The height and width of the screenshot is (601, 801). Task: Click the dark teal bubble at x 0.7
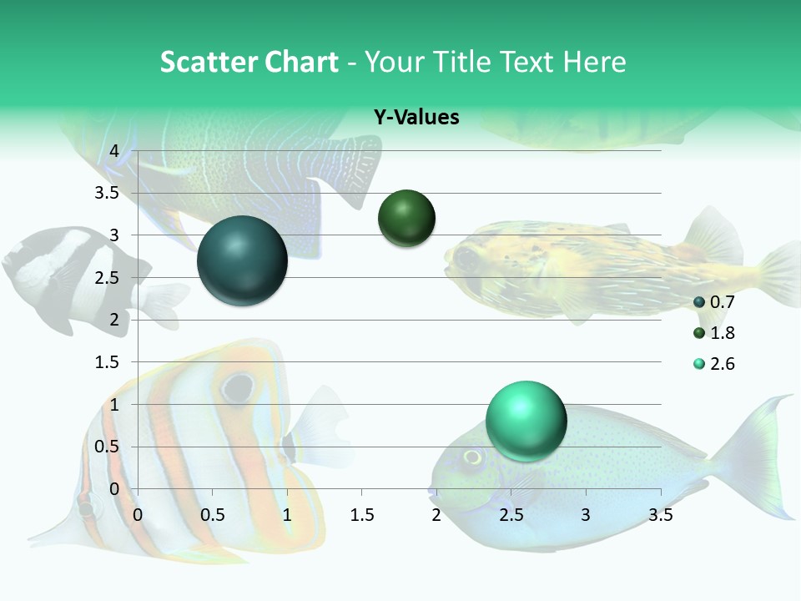point(243,260)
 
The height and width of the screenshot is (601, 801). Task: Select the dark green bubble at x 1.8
point(407,218)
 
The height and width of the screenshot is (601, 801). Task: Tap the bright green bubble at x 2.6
point(526,421)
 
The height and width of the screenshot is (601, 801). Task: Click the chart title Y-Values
point(416,118)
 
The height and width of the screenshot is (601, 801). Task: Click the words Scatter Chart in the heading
point(249,62)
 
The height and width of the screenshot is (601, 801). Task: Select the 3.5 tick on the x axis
point(661,515)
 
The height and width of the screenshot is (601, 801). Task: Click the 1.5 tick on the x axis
point(361,515)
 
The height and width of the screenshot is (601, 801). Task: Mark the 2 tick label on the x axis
point(436,515)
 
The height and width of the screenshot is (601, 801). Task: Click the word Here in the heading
point(594,62)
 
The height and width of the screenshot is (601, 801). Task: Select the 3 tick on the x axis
point(586,515)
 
